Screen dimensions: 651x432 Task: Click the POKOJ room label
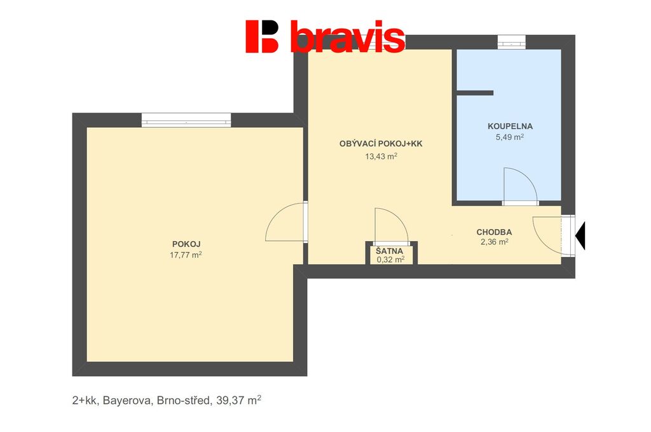(x=186, y=244)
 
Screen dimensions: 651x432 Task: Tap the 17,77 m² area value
(x=186, y=254)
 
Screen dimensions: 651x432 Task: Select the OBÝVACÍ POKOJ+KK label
(x=381, y=144)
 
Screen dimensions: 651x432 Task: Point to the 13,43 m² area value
(x=381, y=156)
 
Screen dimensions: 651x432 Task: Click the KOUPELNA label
(x=510, y=126)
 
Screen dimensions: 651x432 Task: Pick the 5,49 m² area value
(x=509, y=137)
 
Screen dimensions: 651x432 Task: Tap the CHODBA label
(x=494, y=232)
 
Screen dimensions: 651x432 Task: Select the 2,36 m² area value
(x=494, y=242)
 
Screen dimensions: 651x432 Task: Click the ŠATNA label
(x=390, y=251)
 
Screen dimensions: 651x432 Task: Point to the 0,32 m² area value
(x=390, y=260)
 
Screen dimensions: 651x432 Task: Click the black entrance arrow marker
(x=580, y=235)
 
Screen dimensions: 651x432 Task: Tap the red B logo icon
(x=261, y=36)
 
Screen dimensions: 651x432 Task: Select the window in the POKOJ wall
(x=186, y=120)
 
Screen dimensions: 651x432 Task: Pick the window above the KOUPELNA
(x=512, y=42)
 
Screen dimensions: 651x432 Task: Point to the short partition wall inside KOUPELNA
(x=475, y=93)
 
